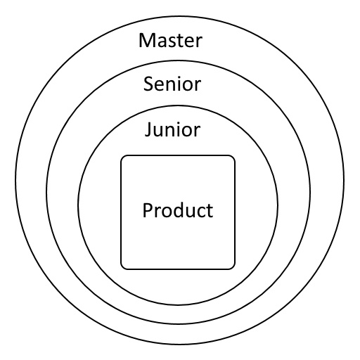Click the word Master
coord(170,40)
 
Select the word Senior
coord(172,84)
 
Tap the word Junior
coord(172,129)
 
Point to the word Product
coord(178,210)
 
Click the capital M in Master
coord(146,40)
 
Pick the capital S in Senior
coord(148,84)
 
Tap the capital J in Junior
coord(148,129)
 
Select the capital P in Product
coord(148,210)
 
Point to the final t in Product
coord(210,211)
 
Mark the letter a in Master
coord(160,42)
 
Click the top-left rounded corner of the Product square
coord(123,157)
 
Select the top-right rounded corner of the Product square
coord(233,157)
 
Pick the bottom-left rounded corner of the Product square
coord(123,267)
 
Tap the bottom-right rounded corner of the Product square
coord(233,267)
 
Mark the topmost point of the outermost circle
coord(180,17)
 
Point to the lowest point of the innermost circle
coord(178,304)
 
